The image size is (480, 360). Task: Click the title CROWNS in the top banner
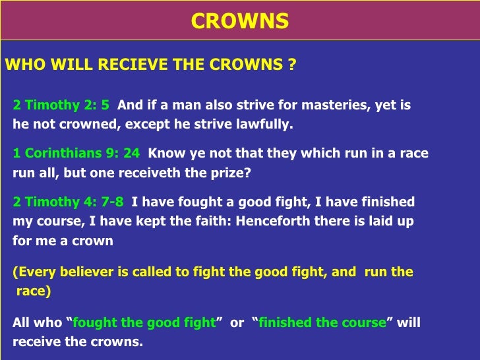tap(240, 21)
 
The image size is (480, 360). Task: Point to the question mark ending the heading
tap(292, 65)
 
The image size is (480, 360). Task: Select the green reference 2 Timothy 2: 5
tap(61, 105)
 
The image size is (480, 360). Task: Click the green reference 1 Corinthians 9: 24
tap(76, 154)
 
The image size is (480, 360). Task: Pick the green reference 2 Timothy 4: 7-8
tap(68, 202)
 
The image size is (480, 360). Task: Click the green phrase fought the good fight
tap(144, 323)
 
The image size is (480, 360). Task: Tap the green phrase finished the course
tap(322, 323)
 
